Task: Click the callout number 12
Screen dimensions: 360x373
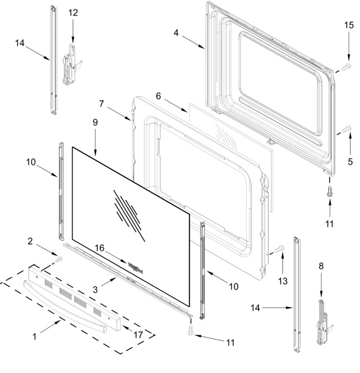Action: (x=73, y=13)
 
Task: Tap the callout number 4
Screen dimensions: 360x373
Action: (x=176, y=33)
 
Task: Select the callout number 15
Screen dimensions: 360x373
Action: (x=349, y=25)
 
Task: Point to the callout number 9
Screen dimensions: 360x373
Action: (x=95, y=122)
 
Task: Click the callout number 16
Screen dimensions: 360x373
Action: (x=100, y=248)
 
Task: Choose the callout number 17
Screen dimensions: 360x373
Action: (x=138, y=335)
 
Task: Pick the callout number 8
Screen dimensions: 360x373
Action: (x=321, y=266)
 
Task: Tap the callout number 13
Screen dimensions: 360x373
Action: (x=283, y=281)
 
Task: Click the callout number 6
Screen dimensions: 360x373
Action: (x=158, y=96)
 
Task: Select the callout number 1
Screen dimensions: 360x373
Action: (x=35, y=336)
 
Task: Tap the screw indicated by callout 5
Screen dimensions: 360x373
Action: (x=346, y=129)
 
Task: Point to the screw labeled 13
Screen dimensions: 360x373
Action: (x=279, y=249)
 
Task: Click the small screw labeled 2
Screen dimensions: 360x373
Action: (x=59, y=260)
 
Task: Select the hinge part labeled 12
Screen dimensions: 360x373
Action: (x=71, y=65)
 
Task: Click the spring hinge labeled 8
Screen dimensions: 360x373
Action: (x=323, y=322)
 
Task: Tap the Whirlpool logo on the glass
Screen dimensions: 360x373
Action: (x=136, y=268)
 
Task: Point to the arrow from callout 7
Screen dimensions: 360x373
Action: (x=119, y=114)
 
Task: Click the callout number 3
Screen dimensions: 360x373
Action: (x=95, y=289)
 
